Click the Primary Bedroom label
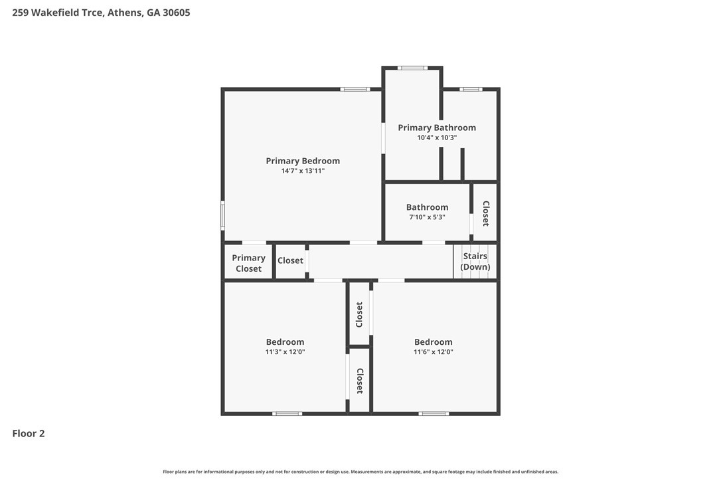pos(303,161)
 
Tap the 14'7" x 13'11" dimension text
pos(303,171)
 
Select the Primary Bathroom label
pos(437,128)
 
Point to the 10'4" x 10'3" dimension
pos(437,138)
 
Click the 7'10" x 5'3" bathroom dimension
pos(427,217)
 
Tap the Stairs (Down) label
pos(475,262)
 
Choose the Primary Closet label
pos(248,263)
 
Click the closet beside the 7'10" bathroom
pos(485,213)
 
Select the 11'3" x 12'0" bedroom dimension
pos(285,352)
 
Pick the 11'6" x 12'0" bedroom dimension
pos(433,352)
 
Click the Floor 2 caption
pos(29,433)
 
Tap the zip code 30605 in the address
pos(176,13)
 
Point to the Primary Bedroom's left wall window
pos(222,215)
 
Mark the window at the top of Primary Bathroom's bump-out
pos(412,68)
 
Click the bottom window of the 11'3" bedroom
pos(287,413)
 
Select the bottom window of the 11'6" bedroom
pos(434,413)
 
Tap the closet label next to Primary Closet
pos(290,260)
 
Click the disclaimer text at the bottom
pos(360,471)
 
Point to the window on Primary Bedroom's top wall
pos(355,89)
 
